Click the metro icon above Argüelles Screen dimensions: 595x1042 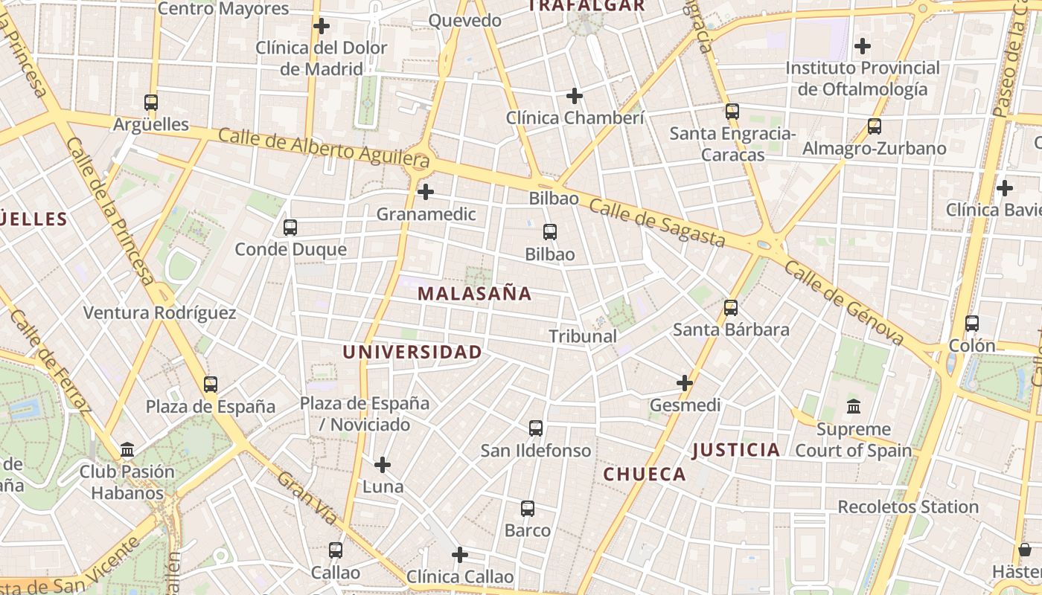tap(151, 103)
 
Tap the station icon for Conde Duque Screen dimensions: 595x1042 tap(290, 228)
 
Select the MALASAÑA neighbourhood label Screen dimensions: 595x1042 tap(474, 294)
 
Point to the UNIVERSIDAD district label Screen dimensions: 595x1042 tap(412, 352)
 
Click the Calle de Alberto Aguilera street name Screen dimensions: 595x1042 tap(325, 147)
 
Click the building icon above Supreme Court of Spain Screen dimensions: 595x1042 tap(854, 407)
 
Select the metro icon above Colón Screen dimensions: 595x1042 tap(972, 324)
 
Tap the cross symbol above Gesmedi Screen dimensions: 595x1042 tap(685, 383)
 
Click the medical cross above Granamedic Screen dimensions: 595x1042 tap(426, 192)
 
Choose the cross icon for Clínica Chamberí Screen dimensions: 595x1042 tap(575, 96)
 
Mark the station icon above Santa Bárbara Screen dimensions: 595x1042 tap(731, 307)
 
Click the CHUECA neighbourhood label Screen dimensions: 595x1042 tap(645, 475)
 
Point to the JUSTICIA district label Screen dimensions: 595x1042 tap(736, 450)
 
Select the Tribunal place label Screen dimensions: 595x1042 tap(583, 336)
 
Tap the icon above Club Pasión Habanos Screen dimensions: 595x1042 tap(127, 450)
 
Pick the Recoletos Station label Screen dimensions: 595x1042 tap(908, 507)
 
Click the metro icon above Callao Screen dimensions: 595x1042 tap(336, 550)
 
